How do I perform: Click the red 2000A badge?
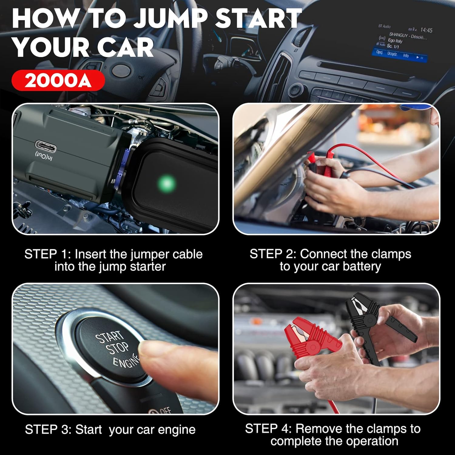(58, 81)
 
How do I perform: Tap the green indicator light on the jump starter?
(167, 183)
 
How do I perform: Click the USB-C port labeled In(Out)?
(46, 147)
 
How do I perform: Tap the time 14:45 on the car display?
(426, 30)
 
